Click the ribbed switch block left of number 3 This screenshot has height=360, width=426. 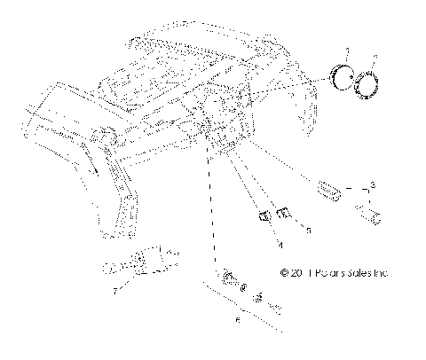pyautogui.click(x=329, y=188)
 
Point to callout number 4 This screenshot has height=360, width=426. pyautogui.click(x=280, y=242)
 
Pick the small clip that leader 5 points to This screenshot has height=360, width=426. pyautogui.click(x=286, y=213)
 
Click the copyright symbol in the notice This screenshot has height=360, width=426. pyautogui.click(x=284, y=273)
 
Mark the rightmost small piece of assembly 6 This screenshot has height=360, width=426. pyautogui.click(x=276, y=306)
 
